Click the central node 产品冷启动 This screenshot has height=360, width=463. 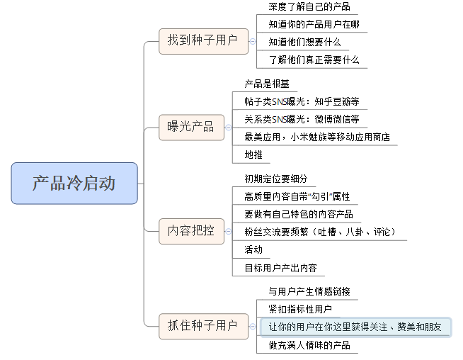tap(74, 184)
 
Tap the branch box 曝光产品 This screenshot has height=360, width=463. tap(190, 127)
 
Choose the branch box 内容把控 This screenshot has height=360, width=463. tap(190, 230)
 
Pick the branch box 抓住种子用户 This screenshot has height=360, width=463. tap(202, 325)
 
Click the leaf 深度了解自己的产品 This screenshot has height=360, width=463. tap(309, 7)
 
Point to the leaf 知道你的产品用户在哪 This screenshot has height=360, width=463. tap(314, 25)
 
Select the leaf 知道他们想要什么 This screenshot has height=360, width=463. tap(304, 43)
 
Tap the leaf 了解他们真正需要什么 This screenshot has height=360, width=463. tap(314, 60)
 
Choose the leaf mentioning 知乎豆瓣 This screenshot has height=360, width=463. tap(302, 101)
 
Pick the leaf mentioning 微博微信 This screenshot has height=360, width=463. tap(302, 119)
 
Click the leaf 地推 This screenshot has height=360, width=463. tap(253, 154)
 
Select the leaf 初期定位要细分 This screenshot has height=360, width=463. tap(276, 179)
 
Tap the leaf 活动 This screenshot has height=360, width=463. tap(253, 249)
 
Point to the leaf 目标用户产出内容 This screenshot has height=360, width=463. tap(280, 268)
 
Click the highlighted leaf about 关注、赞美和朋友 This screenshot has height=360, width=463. tap(355, 327)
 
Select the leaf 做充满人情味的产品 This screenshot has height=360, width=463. tap(309, 345)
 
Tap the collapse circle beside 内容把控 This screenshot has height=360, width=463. tap(229, 230)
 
